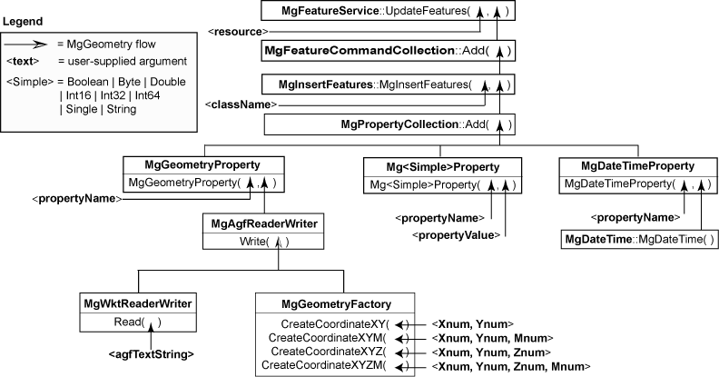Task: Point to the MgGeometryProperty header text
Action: click(203, 165)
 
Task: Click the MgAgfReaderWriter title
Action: click(262, 223)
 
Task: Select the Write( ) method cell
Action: click(262, 242)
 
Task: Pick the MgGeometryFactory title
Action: click(335, 303)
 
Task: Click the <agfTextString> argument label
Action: click(151, 353)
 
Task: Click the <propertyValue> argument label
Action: click(456, 235)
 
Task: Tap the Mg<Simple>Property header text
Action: click(442, 167)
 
